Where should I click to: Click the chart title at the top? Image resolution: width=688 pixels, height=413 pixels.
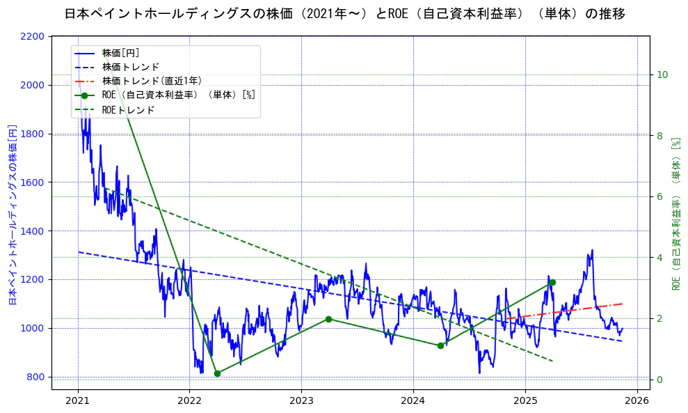[x=344, y=14]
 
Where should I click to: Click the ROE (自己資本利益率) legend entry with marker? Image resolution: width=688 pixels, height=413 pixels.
[x=178, y=95]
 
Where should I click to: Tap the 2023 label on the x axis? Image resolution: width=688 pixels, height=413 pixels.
[x=301, y=400]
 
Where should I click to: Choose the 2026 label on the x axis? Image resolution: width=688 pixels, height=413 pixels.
[x=637, y=400]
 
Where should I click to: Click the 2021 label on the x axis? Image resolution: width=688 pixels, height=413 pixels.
[x=78, y=400]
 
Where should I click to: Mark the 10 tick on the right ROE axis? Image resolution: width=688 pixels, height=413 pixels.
[x=662, y=75]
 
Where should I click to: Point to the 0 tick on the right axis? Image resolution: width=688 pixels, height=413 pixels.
[x=659, y=380]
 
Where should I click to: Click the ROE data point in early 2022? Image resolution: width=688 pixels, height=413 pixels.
[x=217, y=373]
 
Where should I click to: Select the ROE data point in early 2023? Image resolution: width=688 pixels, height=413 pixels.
[x=328, y=319]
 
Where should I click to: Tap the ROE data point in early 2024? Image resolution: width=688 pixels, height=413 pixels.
[x=440, y=345]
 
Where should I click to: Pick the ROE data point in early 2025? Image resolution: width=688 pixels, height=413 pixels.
[x=552, y=282]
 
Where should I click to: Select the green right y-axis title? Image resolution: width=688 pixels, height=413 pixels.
[x=675, y=213]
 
